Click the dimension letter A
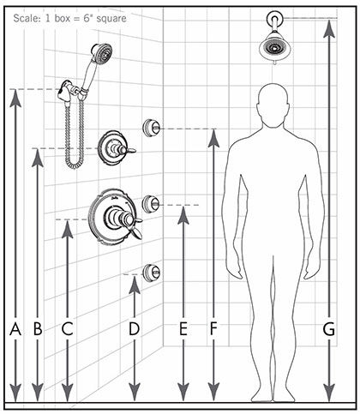click(x=15, y=329)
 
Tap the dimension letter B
click(x=38, y=329)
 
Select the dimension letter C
click(x=68, y=329)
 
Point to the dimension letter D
click(x=135, y=329)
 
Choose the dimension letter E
click(x=183, y=329)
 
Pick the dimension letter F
click(x=213, y=329)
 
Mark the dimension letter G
click(x=329, y=329)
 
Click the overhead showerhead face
click(x=275, y=47)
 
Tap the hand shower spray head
click(x=101, y=53)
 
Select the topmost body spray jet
click(x=151, y=128)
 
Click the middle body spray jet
click(x=151, y=204)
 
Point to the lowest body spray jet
click(x=151, y=273)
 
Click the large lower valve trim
click(x=114, y=217)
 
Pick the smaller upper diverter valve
click(x=114, y=148)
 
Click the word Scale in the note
click(x=24, y=18)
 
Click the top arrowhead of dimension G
click(x=329, y=28)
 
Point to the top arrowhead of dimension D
click(x=135, y=285)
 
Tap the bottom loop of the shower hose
click(x=75, y=165)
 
